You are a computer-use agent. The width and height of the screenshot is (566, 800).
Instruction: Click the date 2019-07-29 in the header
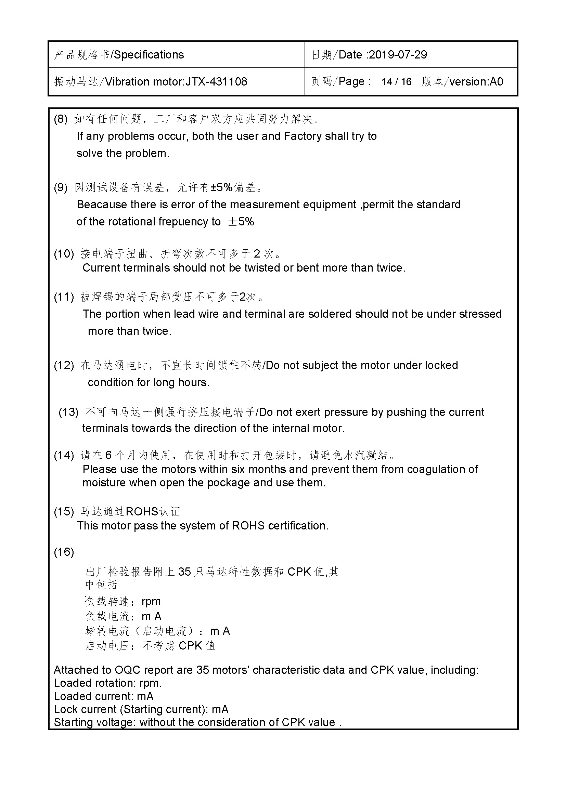[x=398, y=55]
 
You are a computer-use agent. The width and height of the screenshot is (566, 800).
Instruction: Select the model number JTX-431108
[x=216, y=82]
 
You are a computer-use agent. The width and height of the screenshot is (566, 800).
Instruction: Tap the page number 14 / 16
[x=396, y=82]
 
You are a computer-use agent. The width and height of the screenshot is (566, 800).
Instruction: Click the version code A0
[x=496, y=82]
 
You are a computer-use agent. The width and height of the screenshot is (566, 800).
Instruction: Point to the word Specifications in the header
[x=149, y=55]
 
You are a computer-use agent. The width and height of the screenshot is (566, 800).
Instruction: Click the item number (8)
[x=61, y=119]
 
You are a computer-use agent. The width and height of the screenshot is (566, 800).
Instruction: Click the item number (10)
[x=64, y=254]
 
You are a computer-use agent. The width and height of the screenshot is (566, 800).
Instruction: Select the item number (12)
[x=64, y=365]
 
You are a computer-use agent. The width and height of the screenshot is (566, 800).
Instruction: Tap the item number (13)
[x=68, y=412]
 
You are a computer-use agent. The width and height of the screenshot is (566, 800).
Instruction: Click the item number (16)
[x=64, y=552]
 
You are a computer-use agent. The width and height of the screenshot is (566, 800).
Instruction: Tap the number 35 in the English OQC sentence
[x=203, y=670]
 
